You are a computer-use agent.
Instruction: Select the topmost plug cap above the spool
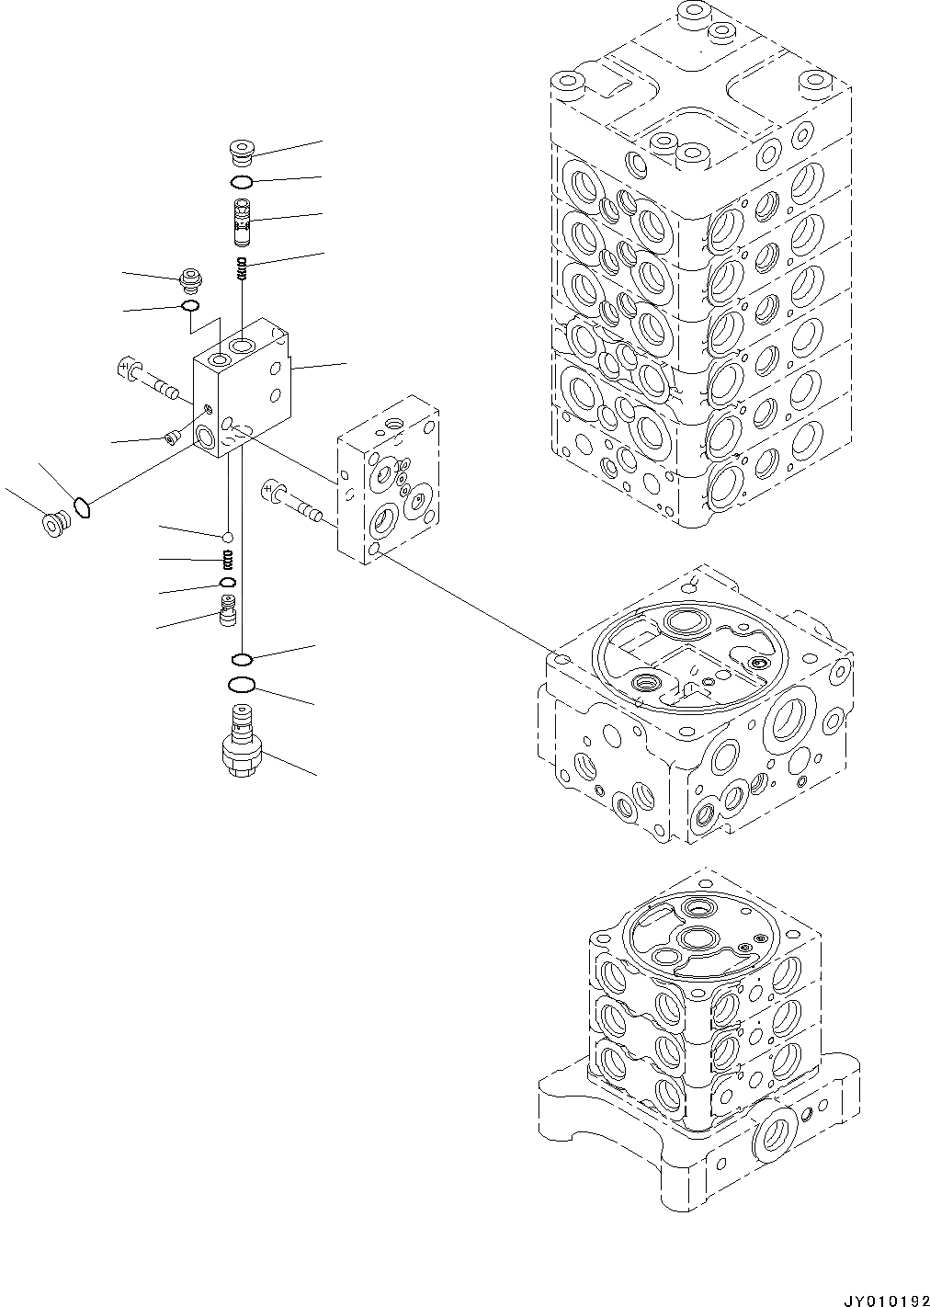click(x=242, y=151)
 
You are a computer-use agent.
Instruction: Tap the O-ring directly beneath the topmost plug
click(x=242, y=181)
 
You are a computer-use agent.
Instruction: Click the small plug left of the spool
click(x=190, y=277)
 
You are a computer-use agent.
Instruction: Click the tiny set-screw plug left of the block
click(x=171, y=438)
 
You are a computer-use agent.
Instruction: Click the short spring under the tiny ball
click(x=226, y=559)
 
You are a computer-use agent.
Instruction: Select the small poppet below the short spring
click(x=227, y=609)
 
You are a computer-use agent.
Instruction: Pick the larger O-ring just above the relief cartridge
click(x=241, y=685)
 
